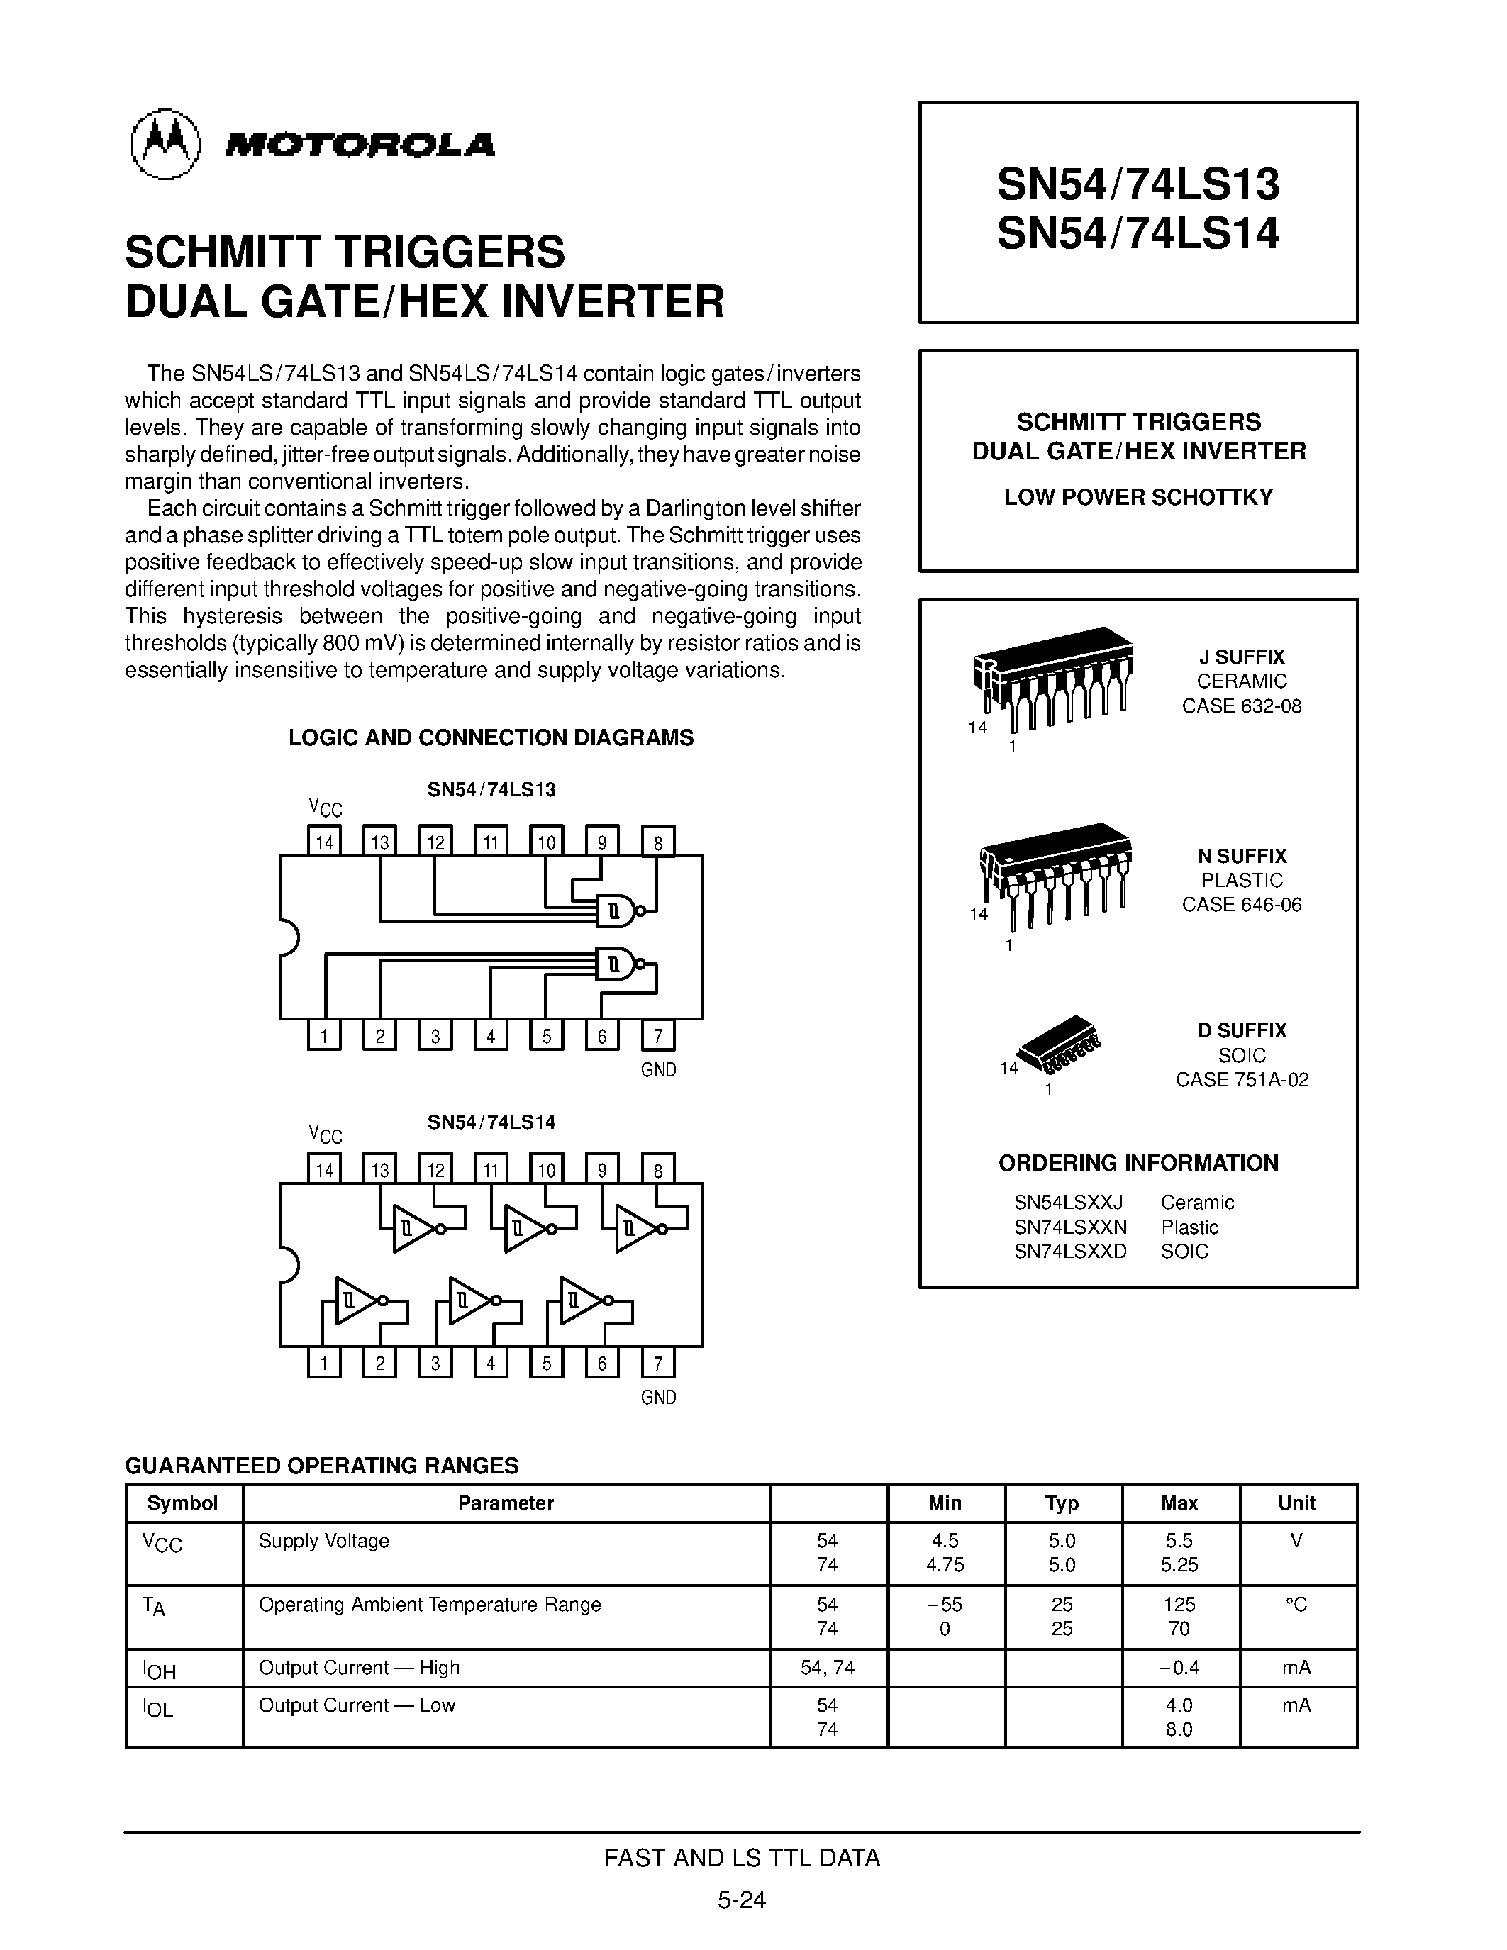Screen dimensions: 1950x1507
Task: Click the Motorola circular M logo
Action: click(x=166, y=145)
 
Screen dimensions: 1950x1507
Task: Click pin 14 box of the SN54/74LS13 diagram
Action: click(x=324, y=841)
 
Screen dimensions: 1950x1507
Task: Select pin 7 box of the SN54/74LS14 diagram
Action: click(x=658, y=1362)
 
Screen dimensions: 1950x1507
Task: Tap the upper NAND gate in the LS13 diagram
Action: click(x=616, y=910)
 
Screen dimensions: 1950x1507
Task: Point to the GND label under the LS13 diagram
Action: click(x=658, y=1069)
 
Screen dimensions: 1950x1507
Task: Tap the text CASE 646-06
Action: click(x=1241, y=905)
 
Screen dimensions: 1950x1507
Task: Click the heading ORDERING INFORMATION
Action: click(x=1138, y=1162)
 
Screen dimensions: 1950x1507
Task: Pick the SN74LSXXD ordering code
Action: click(x=1069, y=1251)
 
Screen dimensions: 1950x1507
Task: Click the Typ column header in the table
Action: click(x=1062, y=1503)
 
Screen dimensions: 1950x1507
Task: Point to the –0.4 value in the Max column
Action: click(x=1179, y=1667)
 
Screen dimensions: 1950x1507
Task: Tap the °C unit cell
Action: click(x=1296, y=1605)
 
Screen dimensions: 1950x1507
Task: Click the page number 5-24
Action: click(x=741, y=1899)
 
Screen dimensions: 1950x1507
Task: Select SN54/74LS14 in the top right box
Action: click(x=1138, y=234)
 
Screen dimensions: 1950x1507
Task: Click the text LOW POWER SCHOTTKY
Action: click(x=1138, y=497)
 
